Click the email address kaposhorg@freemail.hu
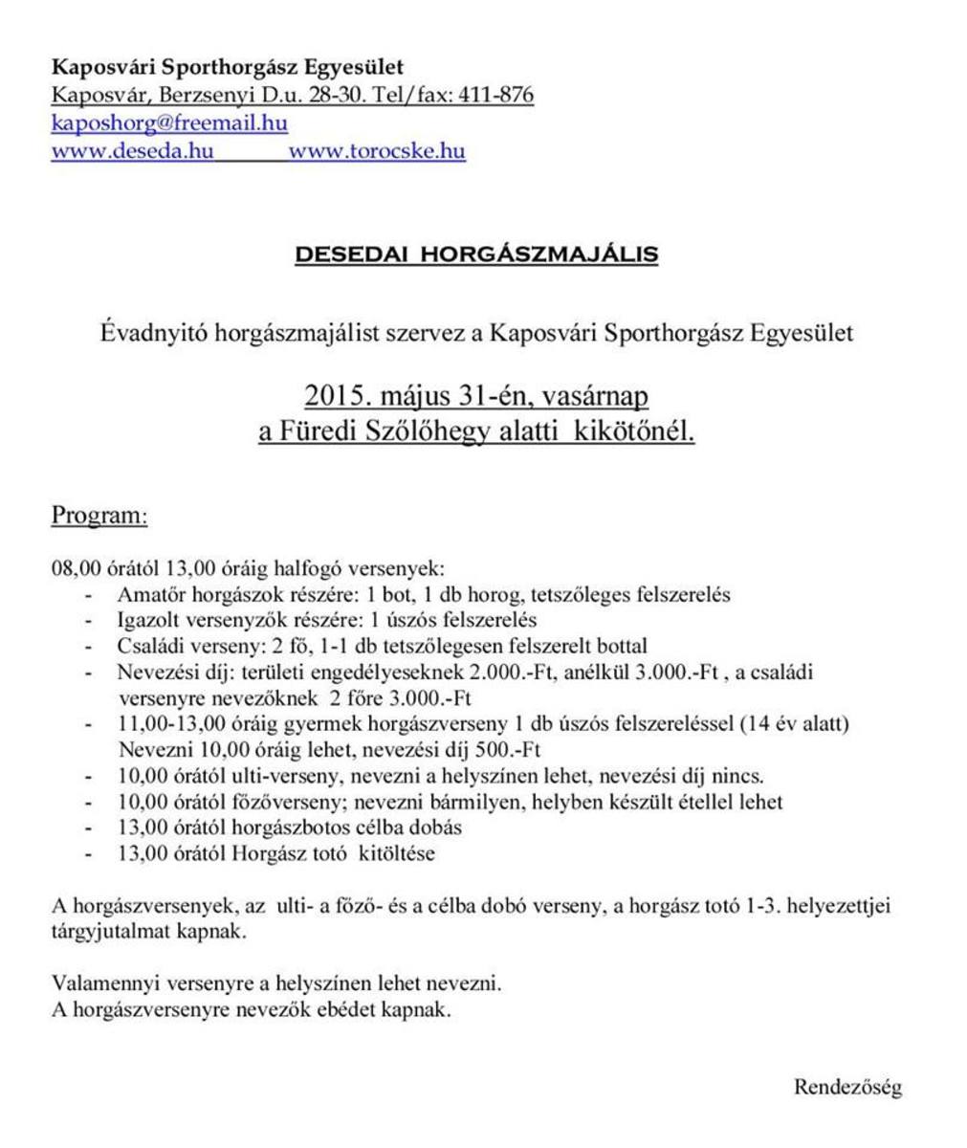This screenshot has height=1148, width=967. click(x=169, y=124)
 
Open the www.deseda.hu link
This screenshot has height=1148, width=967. click(x=132, y=152)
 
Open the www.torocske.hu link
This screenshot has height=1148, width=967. click(x=377, y=152)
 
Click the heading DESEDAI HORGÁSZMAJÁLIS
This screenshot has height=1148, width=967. click(x=476, y=255)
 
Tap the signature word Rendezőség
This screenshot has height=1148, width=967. click(x=847, y=1088)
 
